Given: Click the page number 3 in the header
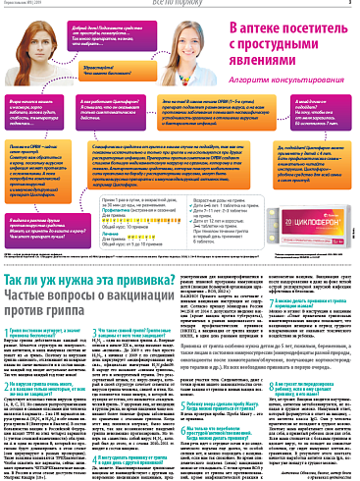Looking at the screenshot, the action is (349, 5).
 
